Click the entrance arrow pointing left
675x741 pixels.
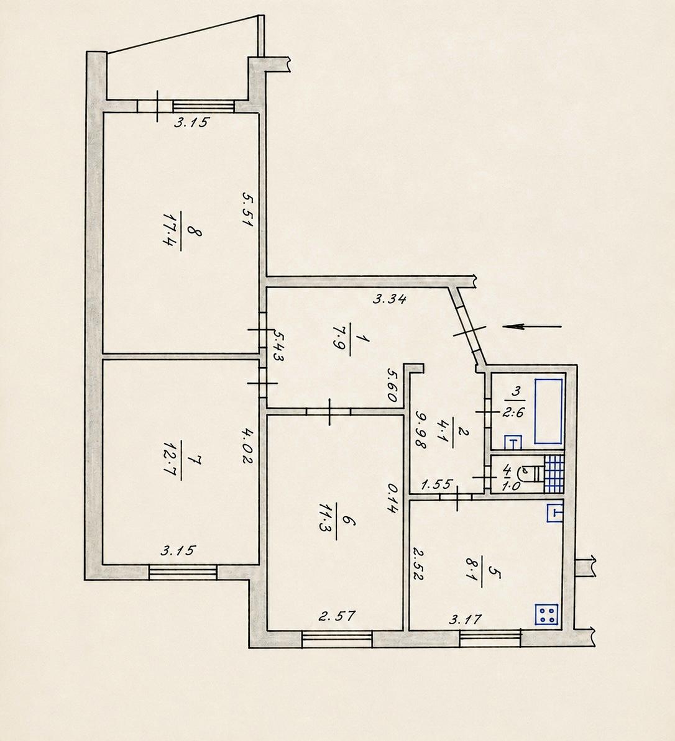(x=531, y=326)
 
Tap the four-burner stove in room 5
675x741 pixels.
(x=546, y=614)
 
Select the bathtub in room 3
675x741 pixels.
(x=548, y=411)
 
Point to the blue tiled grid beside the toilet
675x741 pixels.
(x=554, y=473)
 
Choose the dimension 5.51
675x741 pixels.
(x=247, y=209)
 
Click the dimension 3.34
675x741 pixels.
(x=390, y=298)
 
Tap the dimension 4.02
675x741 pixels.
(x=247, y=445)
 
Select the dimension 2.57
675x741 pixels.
(x=337, y=616)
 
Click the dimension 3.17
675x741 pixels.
(x=465, y=619)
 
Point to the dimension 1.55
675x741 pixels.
(x=437, y=484)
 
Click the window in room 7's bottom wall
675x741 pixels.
(x=183, y=572)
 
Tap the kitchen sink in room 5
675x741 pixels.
(x=555, y=513)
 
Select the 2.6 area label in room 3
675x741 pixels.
(x=513, y=412)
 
